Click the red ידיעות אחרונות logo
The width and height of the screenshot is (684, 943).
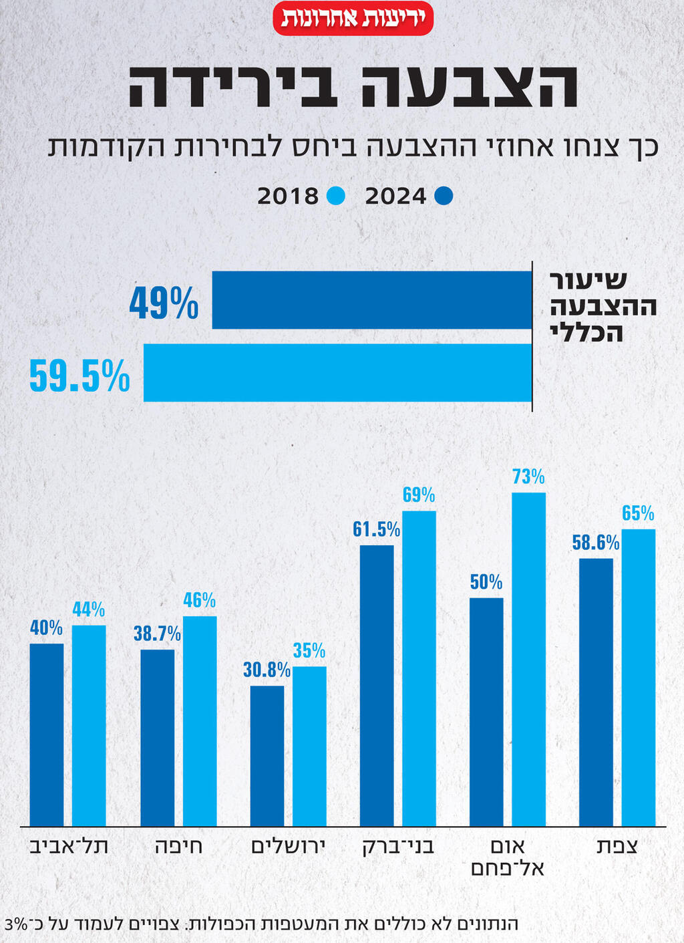coord(353,18)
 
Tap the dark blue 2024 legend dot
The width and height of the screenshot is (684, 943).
coord(444,196)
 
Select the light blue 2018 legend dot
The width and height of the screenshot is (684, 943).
coord(336,196)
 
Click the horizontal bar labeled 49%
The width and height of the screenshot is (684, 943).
coord(371,300)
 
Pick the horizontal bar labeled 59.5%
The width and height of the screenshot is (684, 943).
coord(337,372)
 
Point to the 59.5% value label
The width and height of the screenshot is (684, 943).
coord(79,376)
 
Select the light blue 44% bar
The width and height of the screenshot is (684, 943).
coord(89,725)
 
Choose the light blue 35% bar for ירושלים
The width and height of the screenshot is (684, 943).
coord(309,745)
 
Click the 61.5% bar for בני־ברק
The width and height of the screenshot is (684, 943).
coord(377,685)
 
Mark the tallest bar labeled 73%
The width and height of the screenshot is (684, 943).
coord(528,659)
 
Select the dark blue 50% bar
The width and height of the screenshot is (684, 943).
coord(486,711)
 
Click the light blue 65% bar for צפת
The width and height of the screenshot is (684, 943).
coord(638,677)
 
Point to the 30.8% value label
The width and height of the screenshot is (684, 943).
coord(267,670)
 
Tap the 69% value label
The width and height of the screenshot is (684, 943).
coord(419,495)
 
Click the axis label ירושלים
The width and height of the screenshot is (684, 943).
coord(288,846)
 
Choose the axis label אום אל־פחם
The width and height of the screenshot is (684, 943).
coord(508,857)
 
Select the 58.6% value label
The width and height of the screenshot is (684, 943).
coord(595,543)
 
